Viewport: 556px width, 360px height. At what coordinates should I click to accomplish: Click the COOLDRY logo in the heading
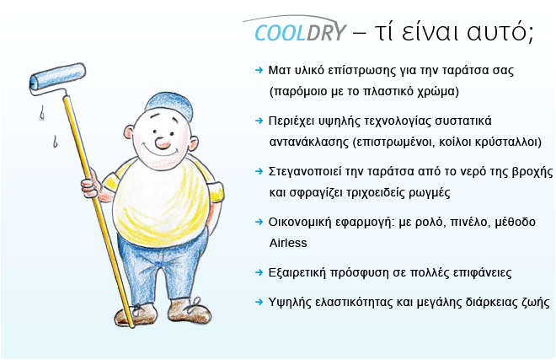(x=300, y=33)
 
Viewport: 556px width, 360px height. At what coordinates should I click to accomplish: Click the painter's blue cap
(x=168, y=105)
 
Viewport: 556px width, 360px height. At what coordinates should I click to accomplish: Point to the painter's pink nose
(x=163, y=142)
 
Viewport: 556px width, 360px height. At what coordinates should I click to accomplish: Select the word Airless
(x=288, y=243)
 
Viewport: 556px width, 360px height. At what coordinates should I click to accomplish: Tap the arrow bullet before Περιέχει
(x=259, y=121)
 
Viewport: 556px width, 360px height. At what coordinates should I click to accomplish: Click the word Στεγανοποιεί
(x=305, y=172)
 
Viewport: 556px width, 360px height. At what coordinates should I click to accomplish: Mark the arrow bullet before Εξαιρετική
(x=259, y=272)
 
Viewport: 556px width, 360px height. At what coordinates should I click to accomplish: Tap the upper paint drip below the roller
(x=42, y=113)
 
